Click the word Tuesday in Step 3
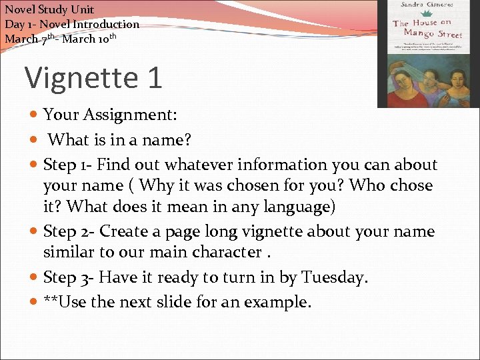pos(333,277)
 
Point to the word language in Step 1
pos(293,207)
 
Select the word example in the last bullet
pos(276,302)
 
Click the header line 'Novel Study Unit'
pos(49,9)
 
